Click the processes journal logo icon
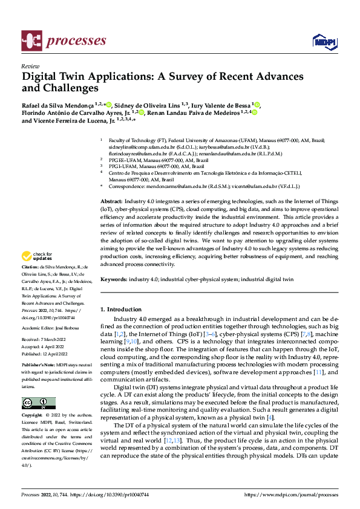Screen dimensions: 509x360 click(x=31, y=41)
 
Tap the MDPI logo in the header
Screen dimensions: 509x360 click(x=323, y=41)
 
